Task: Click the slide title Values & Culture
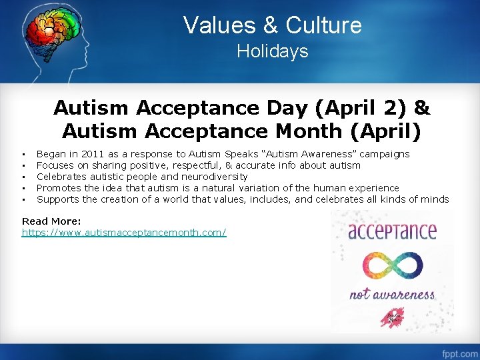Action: click(272, 25)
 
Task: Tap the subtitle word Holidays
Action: click(272, 51)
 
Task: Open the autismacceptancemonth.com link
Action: click(124, 233)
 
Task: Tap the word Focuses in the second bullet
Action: click(55, 165)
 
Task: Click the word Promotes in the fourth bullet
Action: click(58, 188)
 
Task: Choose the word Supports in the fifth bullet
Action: click(57, 199)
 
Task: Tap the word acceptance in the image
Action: click(392, 231)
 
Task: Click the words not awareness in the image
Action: click(392, 294)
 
